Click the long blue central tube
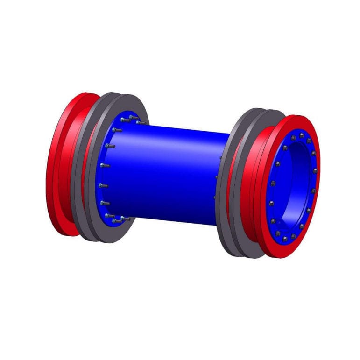point(168,173)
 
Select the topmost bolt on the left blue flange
point(133,117)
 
